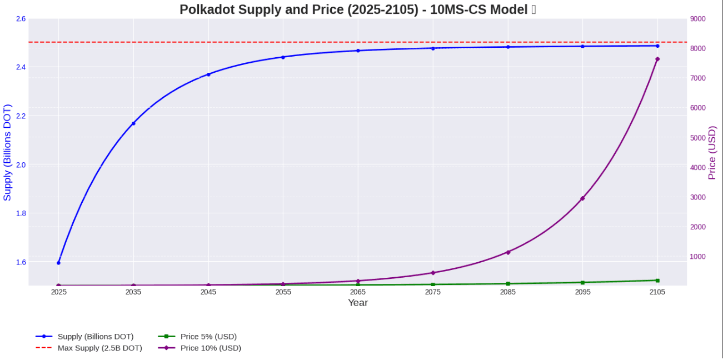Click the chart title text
(x=357, y=9)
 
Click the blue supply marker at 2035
(x=133, y=123)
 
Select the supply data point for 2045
(x=208, y=74)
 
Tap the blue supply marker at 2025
(x=58, y=263)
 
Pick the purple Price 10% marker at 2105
(x=657, y=59)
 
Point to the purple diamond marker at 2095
(x=582, y=198)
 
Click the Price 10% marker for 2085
(x=508, y=252)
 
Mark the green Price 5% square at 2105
(x=657, y=281)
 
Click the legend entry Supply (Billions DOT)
(x=95, y=336)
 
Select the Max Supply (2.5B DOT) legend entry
(x=99, y=348)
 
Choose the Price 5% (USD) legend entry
(x=208, y=336)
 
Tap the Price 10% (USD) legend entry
(x=211, y=348)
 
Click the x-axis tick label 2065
(x=358, y=292)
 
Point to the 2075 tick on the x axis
(x=433, y=292)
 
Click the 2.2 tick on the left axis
(x=21, y=116)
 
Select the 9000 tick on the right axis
(x=698, y=19)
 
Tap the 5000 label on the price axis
(x=698, y=138)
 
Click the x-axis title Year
(x=358, y=303)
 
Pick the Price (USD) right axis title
(x=712, y=153)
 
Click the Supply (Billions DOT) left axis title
(x=7, y=153)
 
